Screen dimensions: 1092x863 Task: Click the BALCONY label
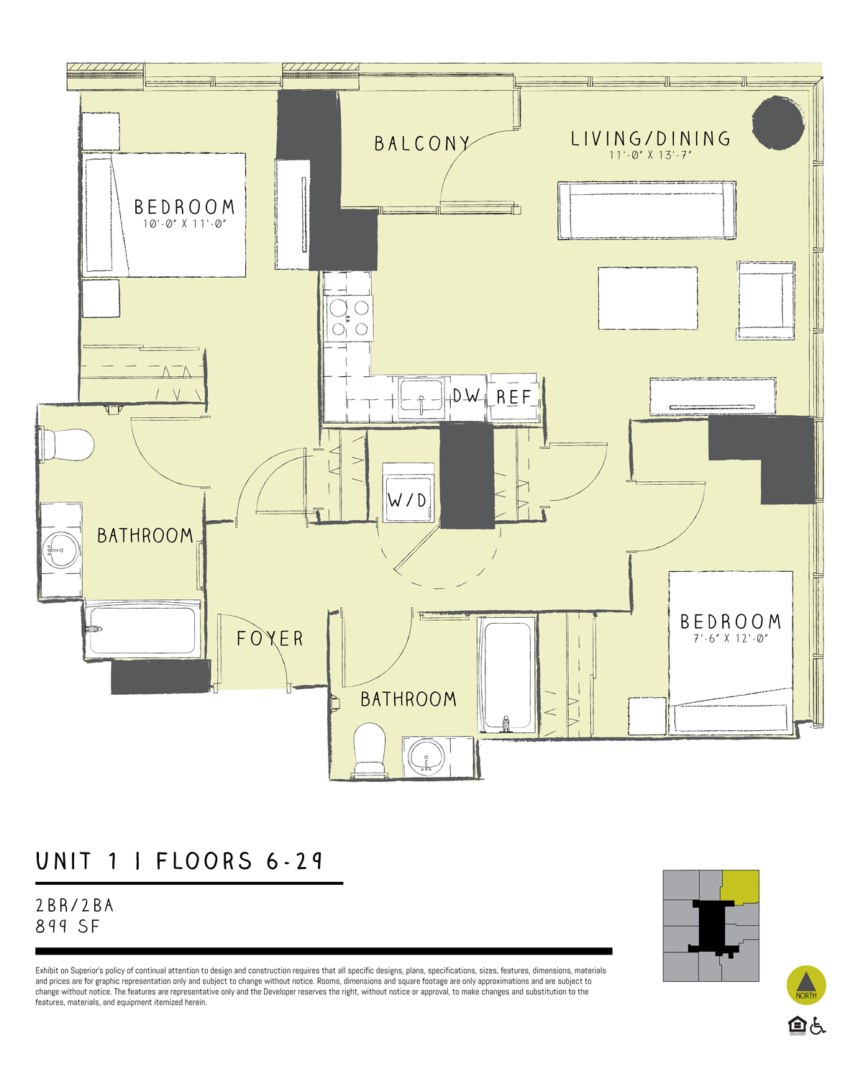pos(421,144)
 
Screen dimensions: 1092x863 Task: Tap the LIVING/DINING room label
pos(650,139)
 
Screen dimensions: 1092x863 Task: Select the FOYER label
pos(270,639)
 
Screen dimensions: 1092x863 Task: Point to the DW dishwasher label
pos(466,396)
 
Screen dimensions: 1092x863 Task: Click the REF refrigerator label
pos(513,397)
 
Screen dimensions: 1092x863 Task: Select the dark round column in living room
pos(777,123)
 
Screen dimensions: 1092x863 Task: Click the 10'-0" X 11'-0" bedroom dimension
pos(184,224)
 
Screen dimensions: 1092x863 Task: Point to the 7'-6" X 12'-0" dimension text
pos(731,639)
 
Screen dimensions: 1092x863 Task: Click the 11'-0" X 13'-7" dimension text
pos(650,155)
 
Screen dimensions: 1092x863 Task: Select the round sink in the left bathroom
pos(61,550)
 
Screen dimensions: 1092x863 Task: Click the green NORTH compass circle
pos(806,986)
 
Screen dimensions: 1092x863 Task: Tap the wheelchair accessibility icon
pos(818,1026)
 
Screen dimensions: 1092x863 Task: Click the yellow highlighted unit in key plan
pos(741,886)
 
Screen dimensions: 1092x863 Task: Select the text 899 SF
pos(68,927)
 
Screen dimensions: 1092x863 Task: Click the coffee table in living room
pos(647,299)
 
